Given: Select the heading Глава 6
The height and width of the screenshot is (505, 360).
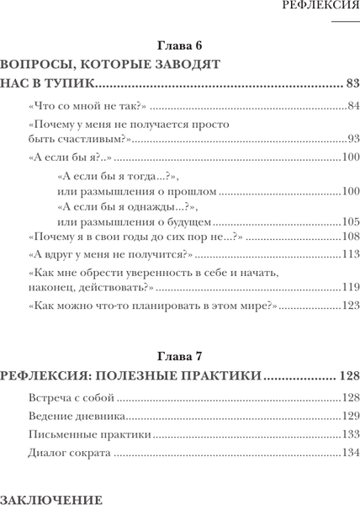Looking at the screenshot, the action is tap(181, 44).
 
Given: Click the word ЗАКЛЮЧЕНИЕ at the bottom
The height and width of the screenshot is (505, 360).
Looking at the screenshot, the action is tap(52, 499).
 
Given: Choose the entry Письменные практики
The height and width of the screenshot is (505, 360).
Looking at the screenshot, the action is tap(89, 436).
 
